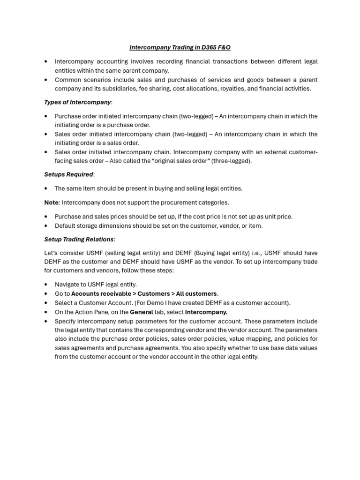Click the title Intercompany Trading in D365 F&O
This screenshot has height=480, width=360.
[180, 47]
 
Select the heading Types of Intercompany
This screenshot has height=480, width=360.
[78, 102]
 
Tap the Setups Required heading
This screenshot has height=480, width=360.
[68, 174]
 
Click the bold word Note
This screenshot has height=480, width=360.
[51, 202]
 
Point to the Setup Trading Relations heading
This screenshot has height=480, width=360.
[79, 240]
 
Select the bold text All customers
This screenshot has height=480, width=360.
[196, 294]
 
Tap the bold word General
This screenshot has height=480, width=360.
[141, 312]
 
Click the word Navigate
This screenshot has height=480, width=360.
[67, 285]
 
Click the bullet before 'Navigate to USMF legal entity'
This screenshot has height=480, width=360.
[46, 285]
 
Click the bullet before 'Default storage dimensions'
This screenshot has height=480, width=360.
[46, 226]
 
